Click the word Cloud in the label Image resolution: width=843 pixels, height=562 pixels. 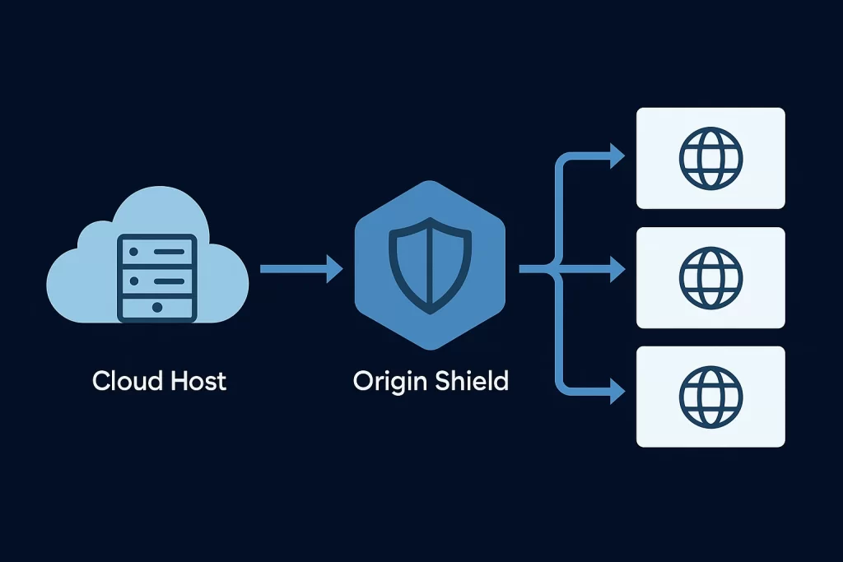click(127, 381)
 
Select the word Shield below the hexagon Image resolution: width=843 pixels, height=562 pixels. click(472, 381)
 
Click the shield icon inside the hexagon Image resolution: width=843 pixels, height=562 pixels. click(430, 266)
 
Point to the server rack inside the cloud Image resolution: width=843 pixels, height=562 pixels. click(157, 278)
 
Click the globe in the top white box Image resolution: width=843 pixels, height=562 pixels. click(710, 159)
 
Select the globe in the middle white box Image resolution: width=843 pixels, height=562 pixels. click(710, 278)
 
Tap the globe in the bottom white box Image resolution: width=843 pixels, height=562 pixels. click(710, 397)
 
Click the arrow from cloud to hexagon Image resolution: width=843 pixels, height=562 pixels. click(301, 268)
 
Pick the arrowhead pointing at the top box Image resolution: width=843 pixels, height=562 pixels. click(617, 156)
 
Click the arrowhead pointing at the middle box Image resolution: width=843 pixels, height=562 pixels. click(617, 268)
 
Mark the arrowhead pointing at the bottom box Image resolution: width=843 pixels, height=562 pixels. click(617, 391)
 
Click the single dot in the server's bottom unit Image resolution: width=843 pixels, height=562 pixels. click(157, 307)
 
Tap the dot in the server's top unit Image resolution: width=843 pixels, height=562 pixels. click(134, 252)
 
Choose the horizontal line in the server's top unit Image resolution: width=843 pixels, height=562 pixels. click(169, 252)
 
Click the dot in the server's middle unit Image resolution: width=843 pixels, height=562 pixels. click(134, 281)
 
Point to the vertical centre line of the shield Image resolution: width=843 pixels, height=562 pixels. click(430, 266)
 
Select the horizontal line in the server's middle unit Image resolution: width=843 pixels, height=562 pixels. click(169, 281)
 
